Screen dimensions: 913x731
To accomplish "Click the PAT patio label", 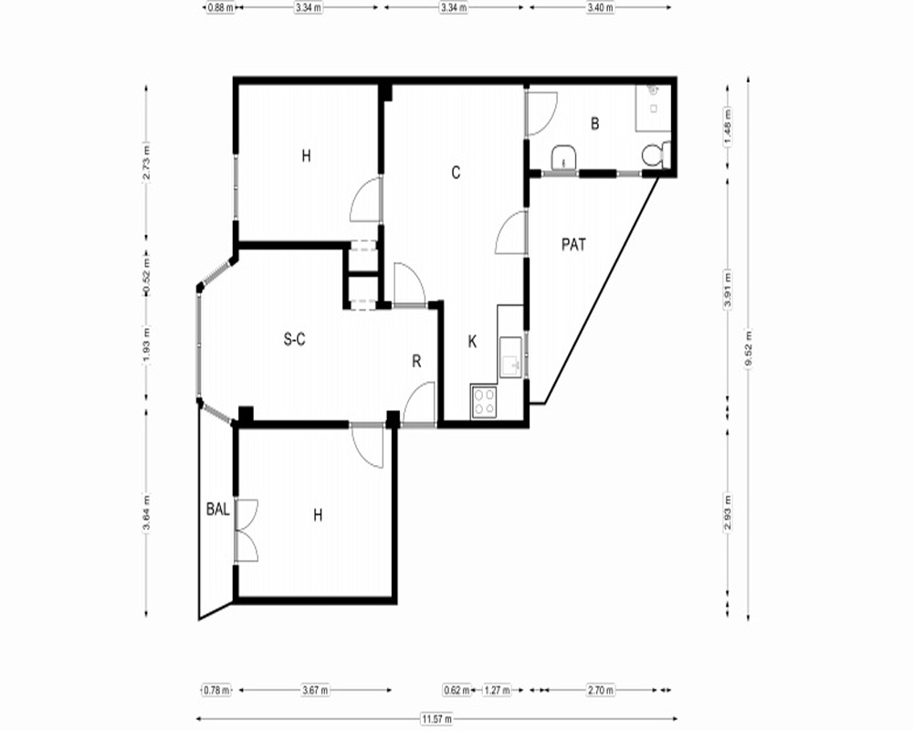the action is point(573,244).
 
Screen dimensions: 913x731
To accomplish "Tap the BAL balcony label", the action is point(218,509).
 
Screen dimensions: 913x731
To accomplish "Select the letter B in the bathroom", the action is point(594,123).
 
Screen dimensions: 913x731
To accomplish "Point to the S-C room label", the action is point(294,339).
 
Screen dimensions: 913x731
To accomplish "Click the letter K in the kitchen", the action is point(472,342).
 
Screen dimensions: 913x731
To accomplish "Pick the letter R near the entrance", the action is point(416,362).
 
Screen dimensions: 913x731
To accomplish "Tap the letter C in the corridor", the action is point(456,173).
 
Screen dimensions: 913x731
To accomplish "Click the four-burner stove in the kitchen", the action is point(484,402).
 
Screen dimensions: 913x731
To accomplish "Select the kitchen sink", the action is point(510,357).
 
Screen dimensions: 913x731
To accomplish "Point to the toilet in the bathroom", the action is point(656,155).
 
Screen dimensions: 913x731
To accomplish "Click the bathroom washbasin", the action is point(564,157).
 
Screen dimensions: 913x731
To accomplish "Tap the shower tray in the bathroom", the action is point(653,108).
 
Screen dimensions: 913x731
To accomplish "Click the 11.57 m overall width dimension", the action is point(436,719).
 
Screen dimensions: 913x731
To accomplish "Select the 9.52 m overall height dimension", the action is point(749,348).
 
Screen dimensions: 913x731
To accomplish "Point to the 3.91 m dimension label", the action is point(728,289).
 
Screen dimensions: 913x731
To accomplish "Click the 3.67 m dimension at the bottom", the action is point(315,690).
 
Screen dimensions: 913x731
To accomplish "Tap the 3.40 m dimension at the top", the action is point(600,7).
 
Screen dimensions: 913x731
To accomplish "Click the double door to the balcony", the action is point(246,531).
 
